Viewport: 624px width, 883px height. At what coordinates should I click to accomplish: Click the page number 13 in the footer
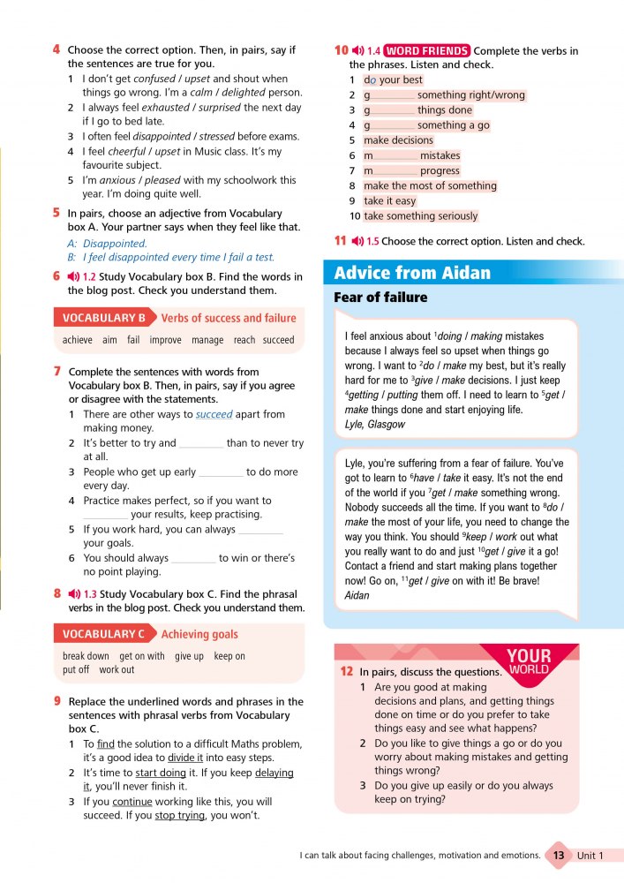(x=558, y=856)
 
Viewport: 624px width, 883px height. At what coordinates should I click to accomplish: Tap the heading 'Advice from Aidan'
(x=412, y=272)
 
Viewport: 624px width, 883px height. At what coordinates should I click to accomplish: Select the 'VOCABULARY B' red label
(x=104, y=318)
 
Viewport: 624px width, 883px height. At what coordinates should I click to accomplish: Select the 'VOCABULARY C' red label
(x=104, y=634)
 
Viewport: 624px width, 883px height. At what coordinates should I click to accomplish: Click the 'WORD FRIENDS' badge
(x=427, y=50)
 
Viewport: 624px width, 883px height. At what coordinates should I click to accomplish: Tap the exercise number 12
(x=347, y=672)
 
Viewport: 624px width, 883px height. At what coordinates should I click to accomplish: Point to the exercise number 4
(x=56, y=49)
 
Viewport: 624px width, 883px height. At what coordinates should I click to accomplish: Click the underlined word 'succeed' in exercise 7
(x=214, y=414)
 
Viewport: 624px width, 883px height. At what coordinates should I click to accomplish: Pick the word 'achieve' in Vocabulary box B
(x=78, y=340)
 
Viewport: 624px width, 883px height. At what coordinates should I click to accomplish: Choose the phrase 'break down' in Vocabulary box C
(x=86, y=656)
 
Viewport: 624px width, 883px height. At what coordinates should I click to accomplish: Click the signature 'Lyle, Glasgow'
(x=376, y=425)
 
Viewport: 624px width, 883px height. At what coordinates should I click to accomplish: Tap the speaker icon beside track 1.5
(x=357, y=241)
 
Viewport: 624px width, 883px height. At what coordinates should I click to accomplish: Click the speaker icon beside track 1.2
(x=73, y=276)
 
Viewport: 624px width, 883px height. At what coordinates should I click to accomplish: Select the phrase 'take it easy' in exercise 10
(x=390, y=200)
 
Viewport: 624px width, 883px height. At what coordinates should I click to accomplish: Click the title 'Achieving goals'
(x=199, y=634)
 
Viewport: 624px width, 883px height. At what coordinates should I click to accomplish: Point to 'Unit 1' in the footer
(x=590, y=856)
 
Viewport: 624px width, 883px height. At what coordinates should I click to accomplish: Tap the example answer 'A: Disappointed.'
(x=107, y=243)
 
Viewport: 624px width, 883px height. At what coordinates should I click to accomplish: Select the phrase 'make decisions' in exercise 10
(x=398, y=140)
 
